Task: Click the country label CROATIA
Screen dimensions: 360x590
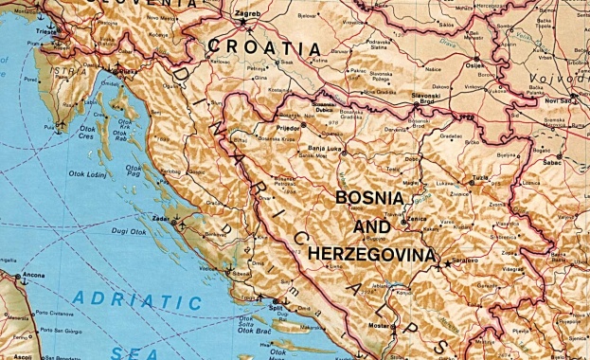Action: click(x=264, y=47)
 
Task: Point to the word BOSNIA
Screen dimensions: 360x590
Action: click(x=369, y=199)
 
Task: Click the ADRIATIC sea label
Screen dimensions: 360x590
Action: click(x=138, y=302)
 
